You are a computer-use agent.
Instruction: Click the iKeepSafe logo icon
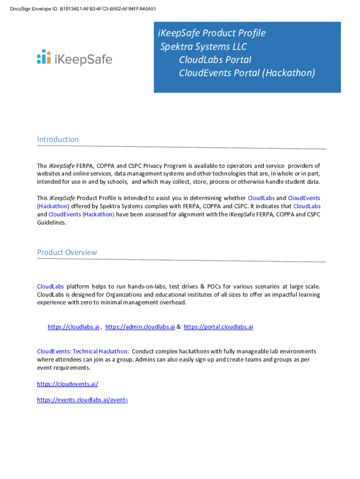[x=44, y=57]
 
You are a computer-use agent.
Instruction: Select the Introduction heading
[x=58, y=139]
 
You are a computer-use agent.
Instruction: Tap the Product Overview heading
[x=67, y=253]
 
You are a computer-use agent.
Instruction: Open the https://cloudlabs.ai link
[x=73, y=327]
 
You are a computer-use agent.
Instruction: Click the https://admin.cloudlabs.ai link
[x=140, y=327]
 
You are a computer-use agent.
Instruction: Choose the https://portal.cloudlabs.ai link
[x=218, y=327]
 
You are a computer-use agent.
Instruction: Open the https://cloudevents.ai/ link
[x=67, y=384]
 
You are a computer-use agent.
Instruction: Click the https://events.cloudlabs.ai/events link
[x=82, y=400]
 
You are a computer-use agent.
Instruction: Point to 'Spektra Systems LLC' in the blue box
[x=203, y=47]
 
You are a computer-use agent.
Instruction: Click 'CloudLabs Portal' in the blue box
[x=215, y=60]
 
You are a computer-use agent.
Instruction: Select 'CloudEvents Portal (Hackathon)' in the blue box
[x=247, y=73]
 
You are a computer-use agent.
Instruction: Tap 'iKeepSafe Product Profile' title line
[x=212, y=33]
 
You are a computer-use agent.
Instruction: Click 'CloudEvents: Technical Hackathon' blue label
[x=82, y=351]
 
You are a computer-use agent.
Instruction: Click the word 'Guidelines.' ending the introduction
[x=52, y=223]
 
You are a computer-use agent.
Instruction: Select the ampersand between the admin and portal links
[x=179, y=327]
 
